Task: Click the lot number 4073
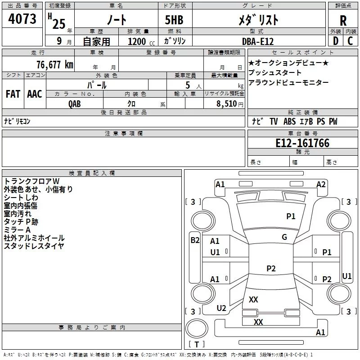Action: click(x=22, y=19)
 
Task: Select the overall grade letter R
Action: click(x=343, y=21)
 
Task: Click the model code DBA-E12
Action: click(x=257, y=41)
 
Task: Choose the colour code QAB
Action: click(x=75, y=104)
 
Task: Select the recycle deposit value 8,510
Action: click(x=227, y=104)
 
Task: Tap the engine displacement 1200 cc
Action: click(x=137, y=41)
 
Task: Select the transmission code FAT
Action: click(x=13, y=94)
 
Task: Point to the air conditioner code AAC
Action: click(x=34, y=94)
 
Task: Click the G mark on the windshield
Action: click(x=284, y=237)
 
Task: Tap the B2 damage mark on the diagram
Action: click(x=195, y=240)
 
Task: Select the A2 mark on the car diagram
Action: click(x=321, y=184)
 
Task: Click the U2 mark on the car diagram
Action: click(x=221, y=308)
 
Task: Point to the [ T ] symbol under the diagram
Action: click(x=196, y=345)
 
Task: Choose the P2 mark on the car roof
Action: click(x=271, y=269)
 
